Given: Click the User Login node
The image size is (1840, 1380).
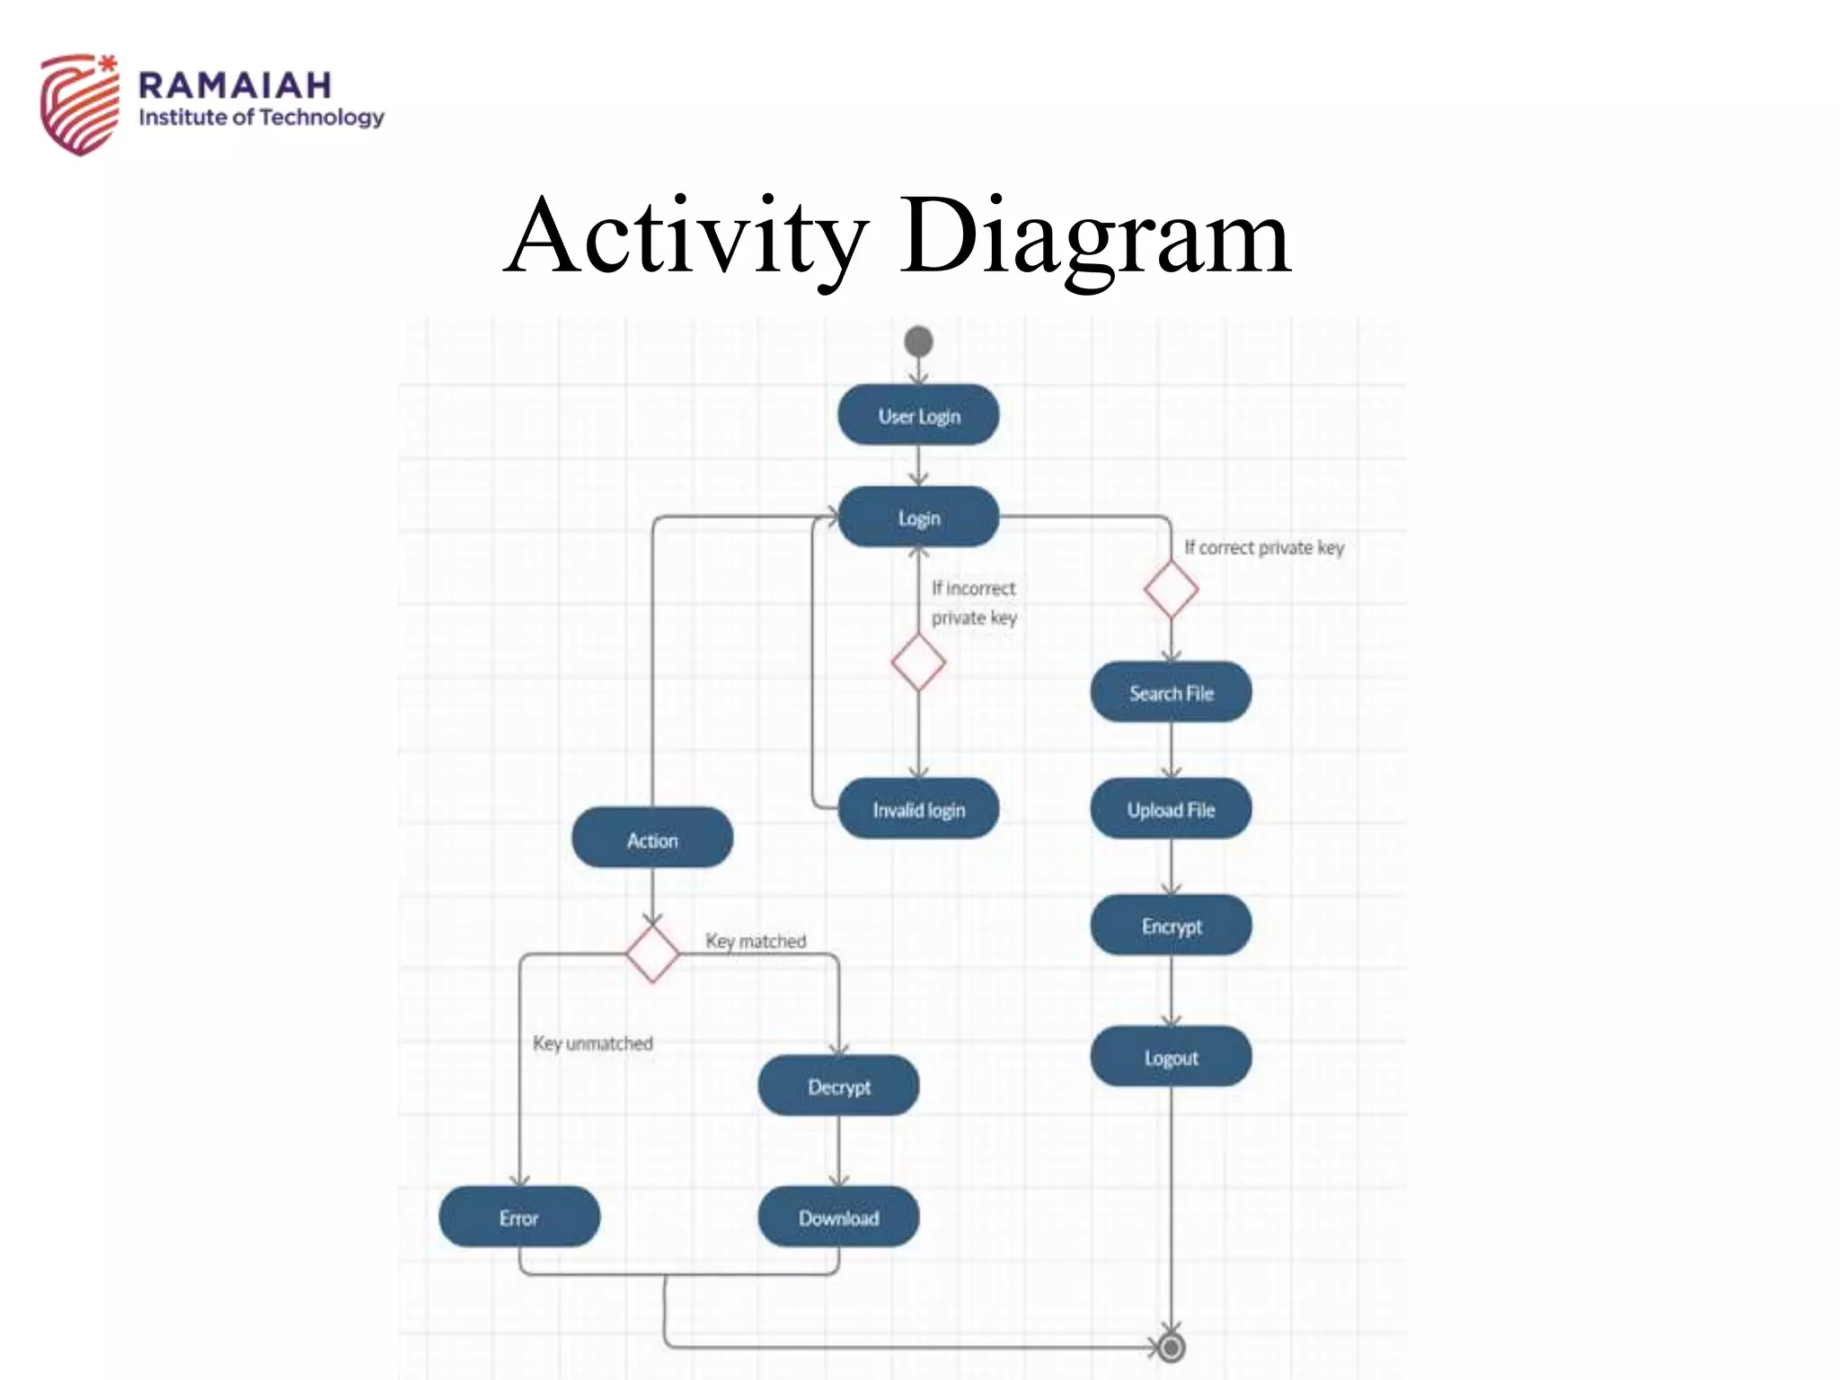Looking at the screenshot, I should (x=918, y=415).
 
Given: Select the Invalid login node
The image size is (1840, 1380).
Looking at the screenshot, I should (x=918, y=809).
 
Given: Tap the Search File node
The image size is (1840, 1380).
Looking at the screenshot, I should (x=1171, y=692).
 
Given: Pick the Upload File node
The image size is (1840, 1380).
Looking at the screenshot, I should (x=1171, y=809).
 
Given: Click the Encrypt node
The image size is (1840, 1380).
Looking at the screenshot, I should (x=1171, y=925).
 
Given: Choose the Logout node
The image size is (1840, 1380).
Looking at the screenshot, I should (x=1171, y=1057).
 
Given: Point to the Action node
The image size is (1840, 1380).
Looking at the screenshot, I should (x=652, y=839).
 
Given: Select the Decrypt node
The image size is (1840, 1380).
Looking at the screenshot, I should (x=838, y=1086).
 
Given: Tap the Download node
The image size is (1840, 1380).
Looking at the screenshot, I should (x=838, y=1217).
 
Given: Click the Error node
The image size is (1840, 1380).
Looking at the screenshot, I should (x=518, y=1217).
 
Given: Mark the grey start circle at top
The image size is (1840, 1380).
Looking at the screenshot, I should (x=918, y=341).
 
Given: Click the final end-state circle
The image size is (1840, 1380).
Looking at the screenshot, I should (x=1171, y=1348).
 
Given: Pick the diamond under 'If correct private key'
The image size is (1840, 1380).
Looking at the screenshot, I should (x=1171, y=590).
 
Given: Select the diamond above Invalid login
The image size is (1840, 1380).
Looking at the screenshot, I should (x=918, y=662).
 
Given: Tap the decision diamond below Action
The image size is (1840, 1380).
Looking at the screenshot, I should (x=652, y=953).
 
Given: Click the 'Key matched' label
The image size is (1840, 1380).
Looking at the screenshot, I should (x=756, y=941).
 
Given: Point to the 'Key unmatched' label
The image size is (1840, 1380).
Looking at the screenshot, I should (x=592, y=1043).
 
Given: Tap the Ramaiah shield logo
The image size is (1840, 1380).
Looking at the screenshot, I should (x=79, y=103).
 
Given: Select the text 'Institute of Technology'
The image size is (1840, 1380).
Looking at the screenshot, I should (x=261, y=118).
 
